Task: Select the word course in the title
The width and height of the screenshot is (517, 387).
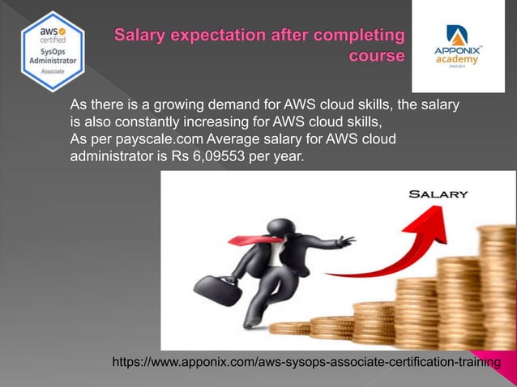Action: [376, 57]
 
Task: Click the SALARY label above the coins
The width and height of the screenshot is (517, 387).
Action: [438, 194]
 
